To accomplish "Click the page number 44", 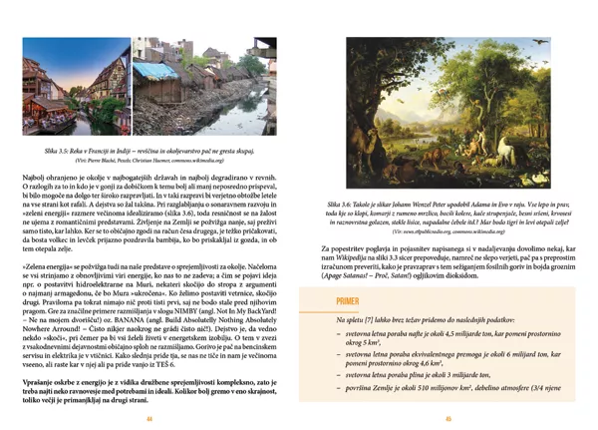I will pyautogui.click(x=149, y=418).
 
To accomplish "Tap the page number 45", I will pyautogui.click(x=448, y=418).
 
